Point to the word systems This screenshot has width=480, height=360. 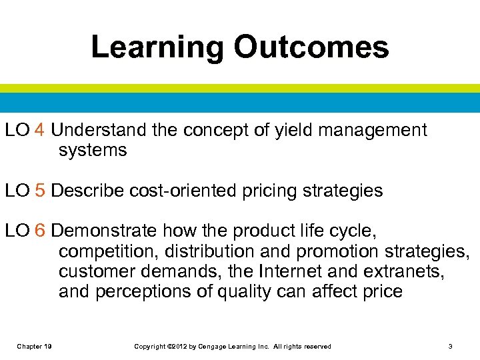[92, 151]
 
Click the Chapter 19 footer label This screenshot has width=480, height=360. [35, 347]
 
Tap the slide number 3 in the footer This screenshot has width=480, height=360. [451, 347]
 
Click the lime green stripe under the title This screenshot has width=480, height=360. [240, 88]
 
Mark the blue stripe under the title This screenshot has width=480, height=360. [240, 102]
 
